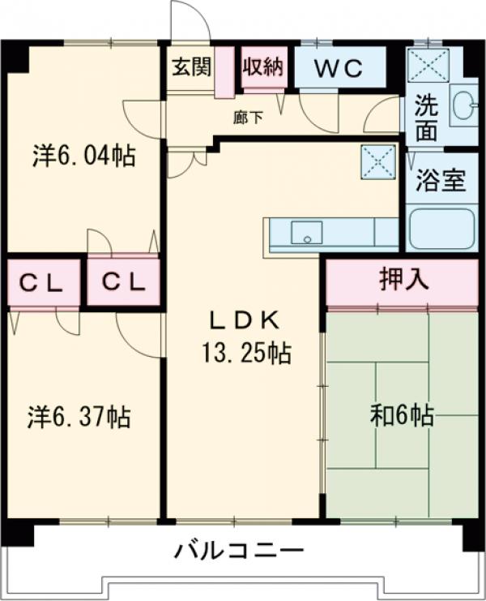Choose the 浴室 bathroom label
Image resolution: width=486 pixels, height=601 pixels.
click(x=441, y=181)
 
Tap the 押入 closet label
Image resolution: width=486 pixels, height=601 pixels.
click(x=403, y=281)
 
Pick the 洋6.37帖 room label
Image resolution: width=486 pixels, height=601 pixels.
click(x=79, y=418)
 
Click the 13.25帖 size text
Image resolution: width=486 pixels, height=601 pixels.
click(x=244, y=354)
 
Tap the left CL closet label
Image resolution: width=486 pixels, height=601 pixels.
click(x=42, y=283)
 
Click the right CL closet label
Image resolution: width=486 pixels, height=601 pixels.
click(x=123, y=283)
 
